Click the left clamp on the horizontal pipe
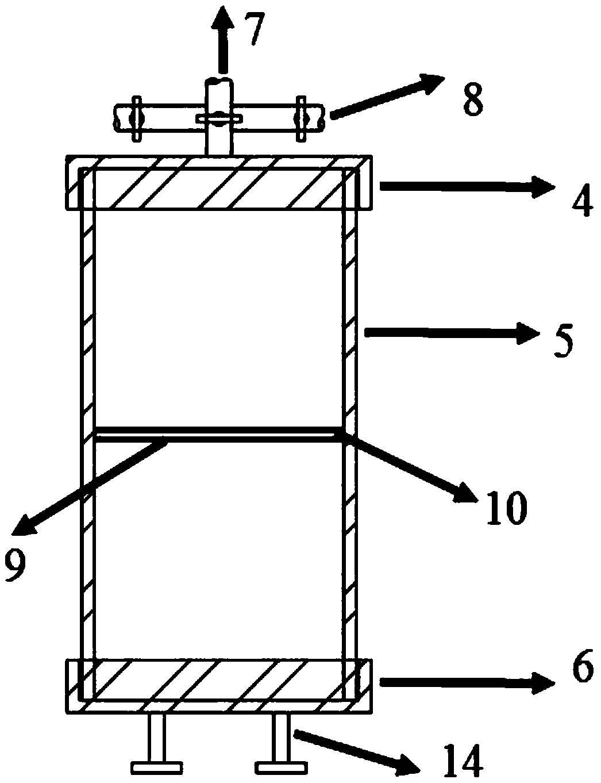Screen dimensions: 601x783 136,118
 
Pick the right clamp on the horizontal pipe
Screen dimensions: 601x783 299,118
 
